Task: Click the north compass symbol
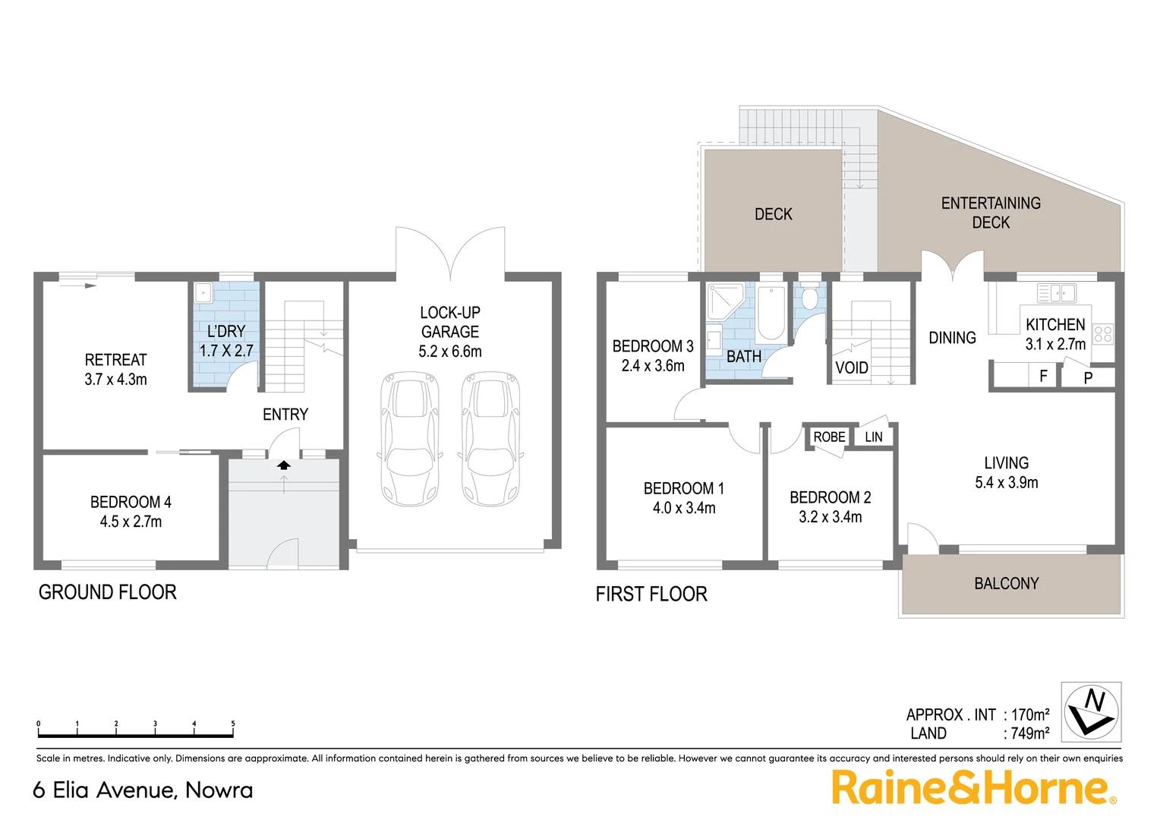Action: pyautogui.click(x=1091, y=711)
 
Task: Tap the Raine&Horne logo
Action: pyautogui.click(x=972, y=788)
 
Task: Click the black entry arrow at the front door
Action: pyautogui.click(x=284, y=465)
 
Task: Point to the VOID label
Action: pyautogui.click(x=851, y=368)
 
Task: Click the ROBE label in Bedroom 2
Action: pyautogui.click(x=829, y=437)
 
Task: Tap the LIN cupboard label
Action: pyautogui.click(x=874, y=437)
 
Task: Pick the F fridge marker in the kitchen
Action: pyautogui.click(x=1043, y=376)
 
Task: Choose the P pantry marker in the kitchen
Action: pyautogui.click(x=1088, y=377)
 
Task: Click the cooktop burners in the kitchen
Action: pyautogui.click(x=1103, y=334)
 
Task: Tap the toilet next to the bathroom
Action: pyautogui.click(x=809, y=298)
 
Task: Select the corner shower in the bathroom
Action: pyautogui.click(x=724, y=301)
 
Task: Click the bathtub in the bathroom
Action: pyautogui.click(x=771, y=313)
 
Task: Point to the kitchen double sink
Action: pyautogui.click(x=1057, y=292)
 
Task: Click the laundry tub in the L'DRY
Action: pyautogui.click(x=203, y=293)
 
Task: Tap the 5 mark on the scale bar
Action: pyautogui.click(x=233, y=724)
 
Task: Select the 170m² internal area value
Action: pyautogui.click(x=1030, y=714)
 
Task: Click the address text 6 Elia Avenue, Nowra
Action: pyautogui.click(x=143, y=790)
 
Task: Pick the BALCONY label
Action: pyautogui.click(x=1006, y=584)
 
